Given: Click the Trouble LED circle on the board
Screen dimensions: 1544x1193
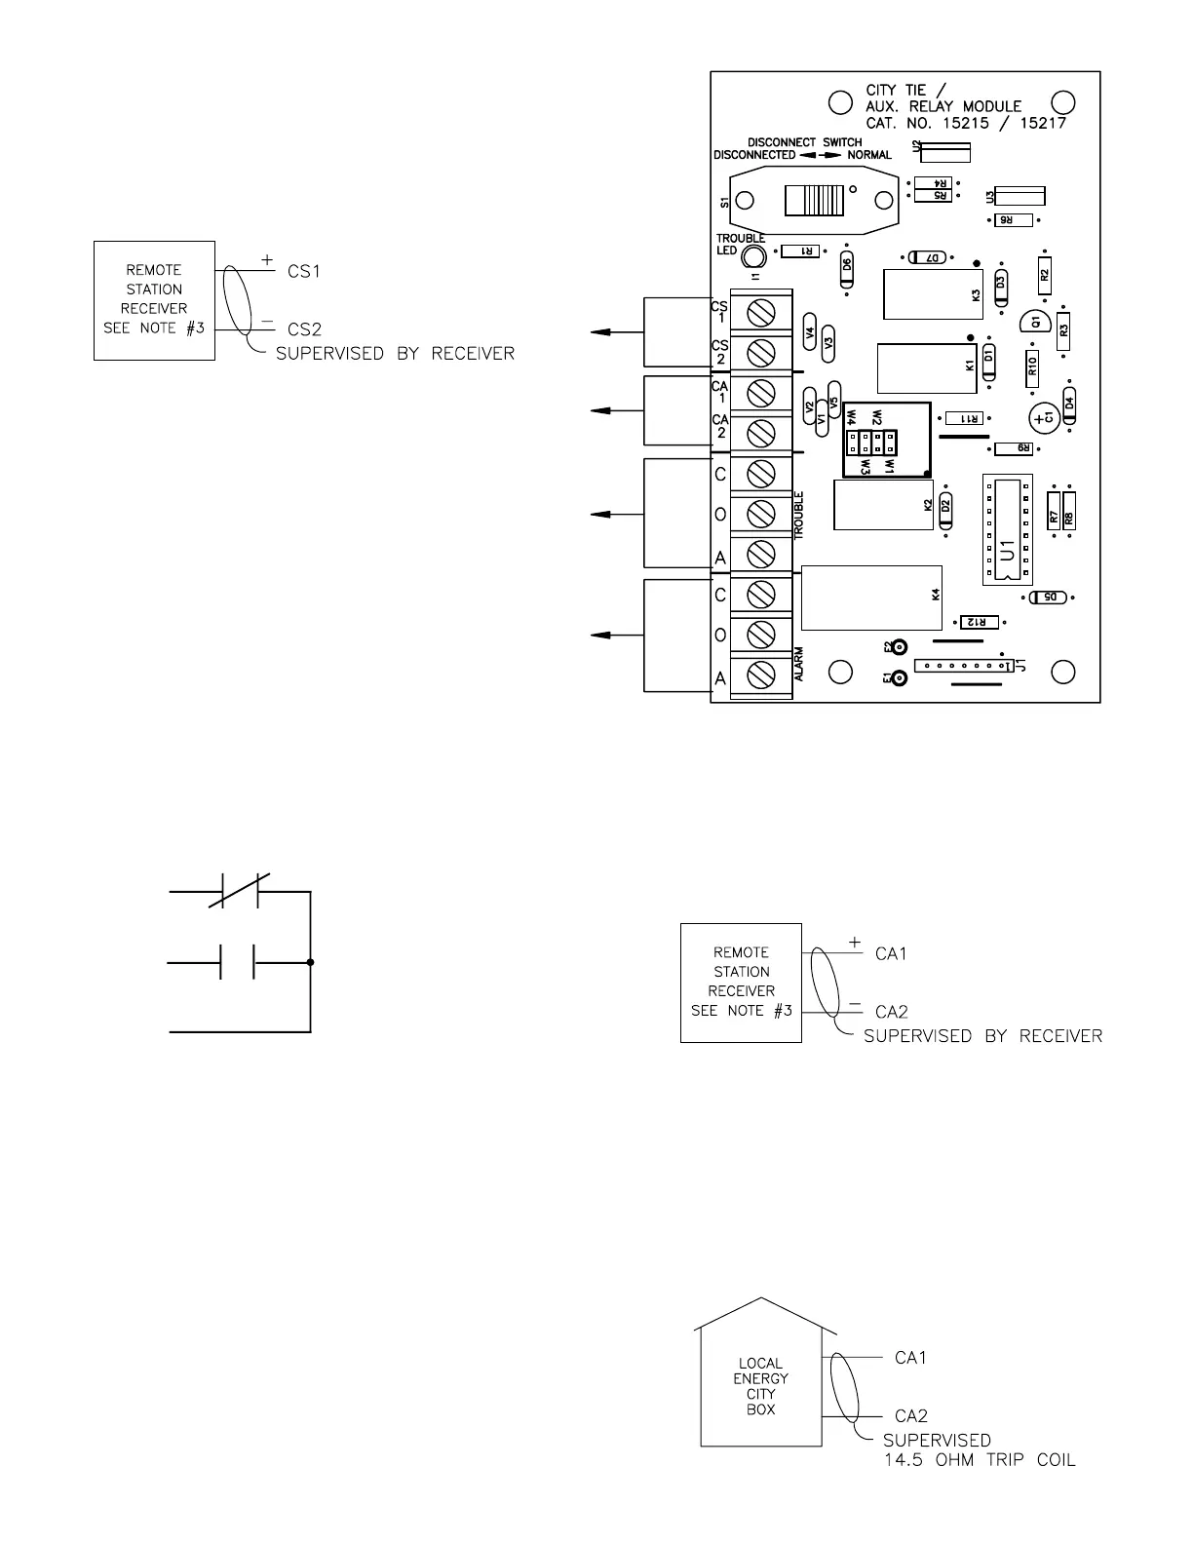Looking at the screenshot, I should click(751, 256).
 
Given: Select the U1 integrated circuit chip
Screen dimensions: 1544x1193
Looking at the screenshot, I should click(1007, 530).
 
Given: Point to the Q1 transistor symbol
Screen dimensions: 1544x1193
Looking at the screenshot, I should click(1033, 322).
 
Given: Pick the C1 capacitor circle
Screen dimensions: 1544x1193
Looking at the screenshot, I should click(1045, 417).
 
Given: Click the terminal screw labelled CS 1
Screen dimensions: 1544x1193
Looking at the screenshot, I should click(760, 312).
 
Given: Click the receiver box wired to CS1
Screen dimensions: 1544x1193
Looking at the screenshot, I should click(154, 300).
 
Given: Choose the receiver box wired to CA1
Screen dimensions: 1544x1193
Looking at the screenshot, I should click(741, 983).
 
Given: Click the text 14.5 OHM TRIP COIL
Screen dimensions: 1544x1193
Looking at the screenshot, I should click(979, 1460).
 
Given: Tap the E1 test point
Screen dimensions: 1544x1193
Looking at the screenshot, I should click(900, 677).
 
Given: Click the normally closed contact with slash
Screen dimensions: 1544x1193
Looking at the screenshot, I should click(240, 891).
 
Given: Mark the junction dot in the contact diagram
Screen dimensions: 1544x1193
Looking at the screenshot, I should click(310, 963).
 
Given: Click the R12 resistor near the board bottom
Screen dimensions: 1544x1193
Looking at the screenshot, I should click(980, 622).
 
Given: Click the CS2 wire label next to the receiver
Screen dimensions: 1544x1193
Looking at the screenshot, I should click(304, 330).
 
